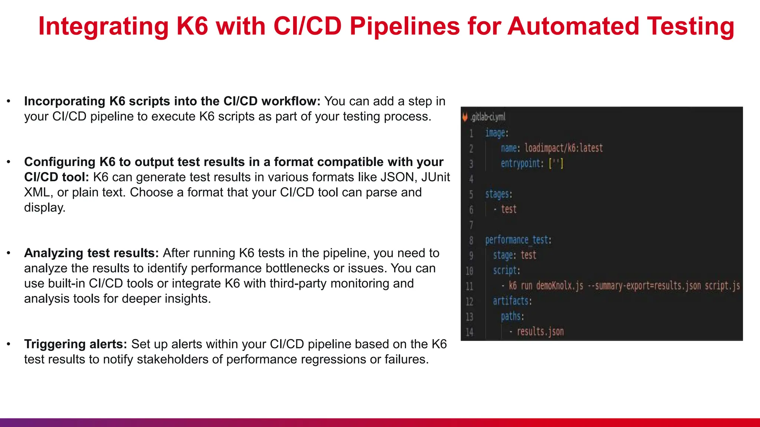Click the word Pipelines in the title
tap(404, 27)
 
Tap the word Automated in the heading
tap(573, 27)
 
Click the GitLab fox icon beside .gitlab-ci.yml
tap(465, 117)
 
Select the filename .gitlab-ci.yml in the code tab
tap(488, 117)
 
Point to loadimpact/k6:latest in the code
tap(563, 148)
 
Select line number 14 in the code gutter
tap(470, 332)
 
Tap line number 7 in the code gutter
tap(471, 225)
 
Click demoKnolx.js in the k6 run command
tap(560, 286)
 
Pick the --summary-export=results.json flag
tap(644, 286)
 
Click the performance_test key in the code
tap(518, 240)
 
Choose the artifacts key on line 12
tap(512, 301)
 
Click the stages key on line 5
tap(498, 194)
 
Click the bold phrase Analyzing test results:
tap(91, 253)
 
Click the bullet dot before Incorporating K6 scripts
tap(9, 101)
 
